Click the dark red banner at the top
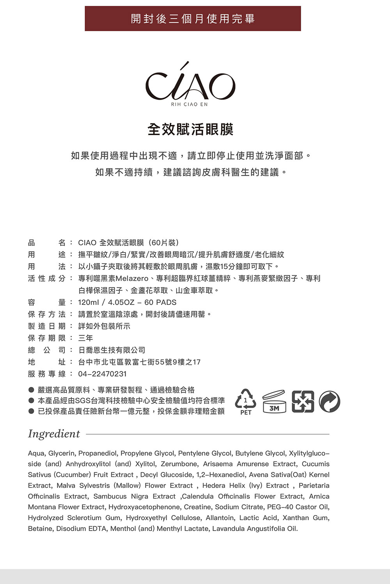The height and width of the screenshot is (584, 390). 193,19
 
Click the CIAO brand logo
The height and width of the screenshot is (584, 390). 190,84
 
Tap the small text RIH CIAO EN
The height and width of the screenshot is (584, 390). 190,104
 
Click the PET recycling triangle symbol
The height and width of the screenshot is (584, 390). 246,400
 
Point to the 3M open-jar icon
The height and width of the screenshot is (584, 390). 274,402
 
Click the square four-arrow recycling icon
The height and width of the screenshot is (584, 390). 303,401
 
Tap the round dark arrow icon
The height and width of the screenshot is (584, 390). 330,401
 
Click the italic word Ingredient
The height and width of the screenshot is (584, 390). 54,434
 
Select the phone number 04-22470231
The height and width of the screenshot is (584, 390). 102,374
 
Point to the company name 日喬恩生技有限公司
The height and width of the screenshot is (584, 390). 112,350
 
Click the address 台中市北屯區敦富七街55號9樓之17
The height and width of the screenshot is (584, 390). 139,362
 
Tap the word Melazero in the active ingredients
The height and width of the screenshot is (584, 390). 132,279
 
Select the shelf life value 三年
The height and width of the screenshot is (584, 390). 85,338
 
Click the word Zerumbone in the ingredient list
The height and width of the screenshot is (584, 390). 179,464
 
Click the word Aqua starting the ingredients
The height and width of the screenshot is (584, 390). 36,454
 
